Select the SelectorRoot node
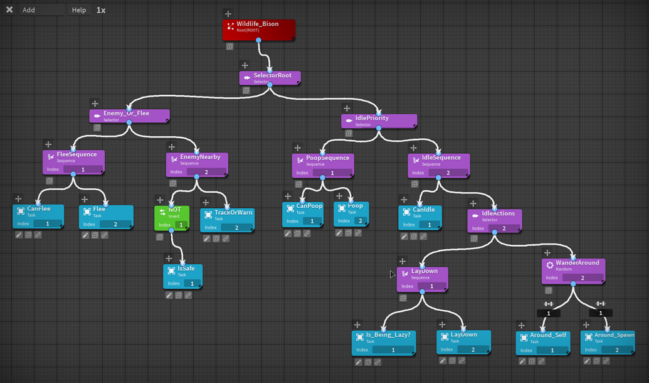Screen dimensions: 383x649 270,78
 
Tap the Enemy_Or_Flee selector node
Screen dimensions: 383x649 129,116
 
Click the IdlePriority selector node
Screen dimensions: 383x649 379,121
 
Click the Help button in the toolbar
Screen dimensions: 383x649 79,10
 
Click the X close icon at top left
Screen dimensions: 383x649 9,10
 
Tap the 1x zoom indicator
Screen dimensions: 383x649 101,10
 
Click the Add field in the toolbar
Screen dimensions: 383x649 41,10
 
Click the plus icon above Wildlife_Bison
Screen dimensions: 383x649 228,14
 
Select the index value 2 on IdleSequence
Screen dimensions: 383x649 448,173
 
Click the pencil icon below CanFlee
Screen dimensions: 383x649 19,235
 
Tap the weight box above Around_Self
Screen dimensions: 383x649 549,313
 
